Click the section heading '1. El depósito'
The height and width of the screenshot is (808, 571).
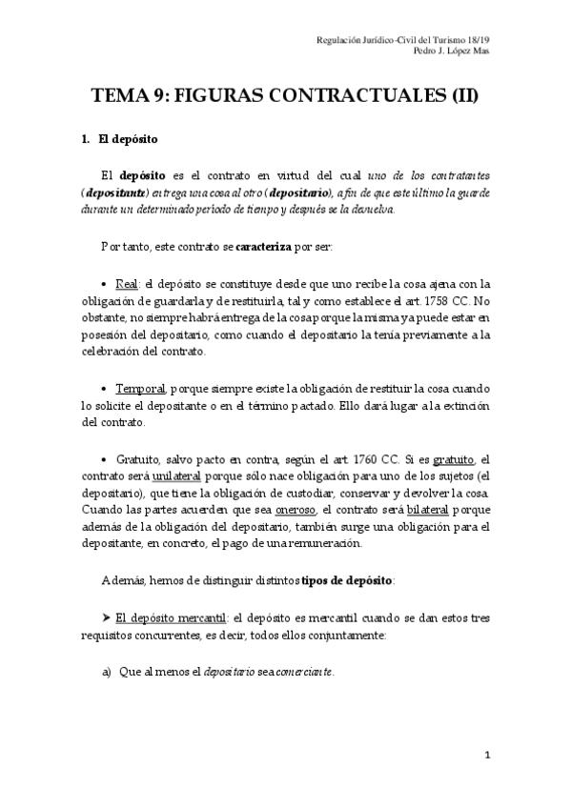click(x=125, y=140)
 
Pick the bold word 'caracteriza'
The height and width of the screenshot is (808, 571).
click(x=270, y=247)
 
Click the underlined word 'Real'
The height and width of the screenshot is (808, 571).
click(x=126, y=284)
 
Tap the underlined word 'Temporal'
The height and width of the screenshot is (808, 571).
click(x=141, y=390)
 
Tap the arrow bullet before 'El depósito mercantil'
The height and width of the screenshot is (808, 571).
click(x=106, y=617)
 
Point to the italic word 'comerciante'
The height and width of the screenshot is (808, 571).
click(x=304, y=673)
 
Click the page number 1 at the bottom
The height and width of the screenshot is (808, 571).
click(x=487, y=756)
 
